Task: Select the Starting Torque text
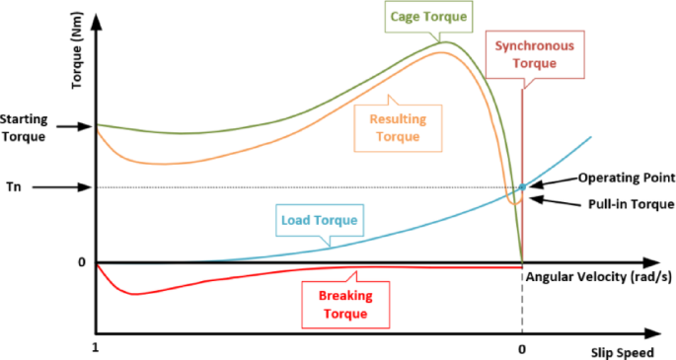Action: (x=24, y=126)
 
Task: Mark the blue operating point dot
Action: (x=522, y=186)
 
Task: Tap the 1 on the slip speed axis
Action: (x=95, y=349)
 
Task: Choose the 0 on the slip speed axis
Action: (x=521, y=349)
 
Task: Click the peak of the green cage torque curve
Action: (x=446, y=41)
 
